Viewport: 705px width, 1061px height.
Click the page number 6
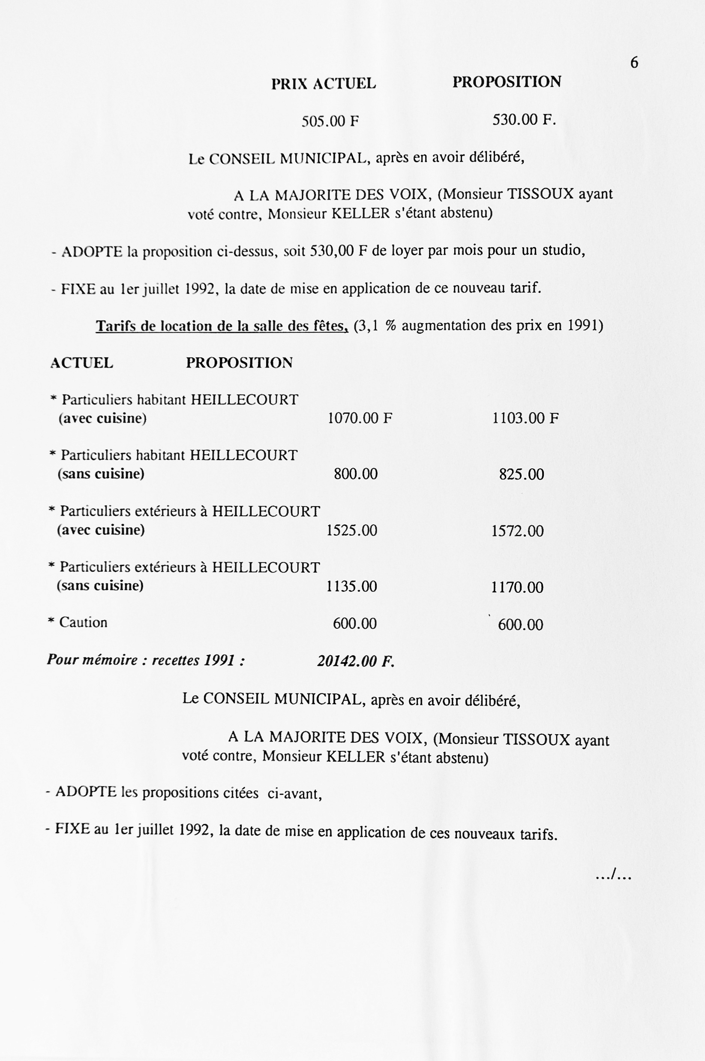point(634,63)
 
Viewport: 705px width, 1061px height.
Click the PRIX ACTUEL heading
point(323,84)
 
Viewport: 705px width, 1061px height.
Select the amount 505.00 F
point(330,121)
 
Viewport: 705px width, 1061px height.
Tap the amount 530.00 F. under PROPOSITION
point(524,120)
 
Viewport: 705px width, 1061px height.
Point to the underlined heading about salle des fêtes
point(222,326)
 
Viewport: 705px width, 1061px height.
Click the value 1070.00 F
point(360,419)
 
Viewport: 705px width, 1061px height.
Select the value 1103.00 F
point(525,419)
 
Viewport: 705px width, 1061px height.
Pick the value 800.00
point(355,474)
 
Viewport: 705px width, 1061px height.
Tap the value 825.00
point(521,474)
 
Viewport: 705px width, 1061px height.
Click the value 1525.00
point(351,530)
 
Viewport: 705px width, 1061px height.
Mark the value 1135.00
point(351,586)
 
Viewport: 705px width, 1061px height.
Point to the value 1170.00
point(517,587)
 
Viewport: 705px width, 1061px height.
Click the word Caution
point(83,622)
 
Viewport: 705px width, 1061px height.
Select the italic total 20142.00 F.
point(356,661)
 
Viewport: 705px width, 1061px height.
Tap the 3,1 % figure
point(375,326)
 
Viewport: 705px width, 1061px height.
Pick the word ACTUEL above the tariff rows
point(81,363)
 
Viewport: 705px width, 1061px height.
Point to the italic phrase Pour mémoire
point(93,660)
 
